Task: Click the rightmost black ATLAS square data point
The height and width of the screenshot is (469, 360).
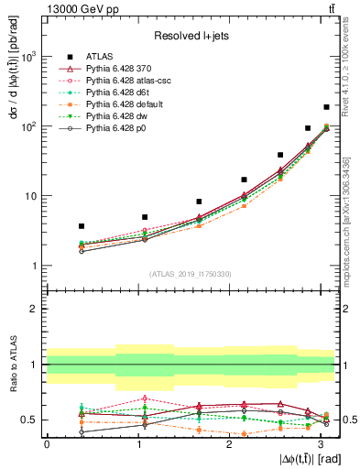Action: pos(326,107)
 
